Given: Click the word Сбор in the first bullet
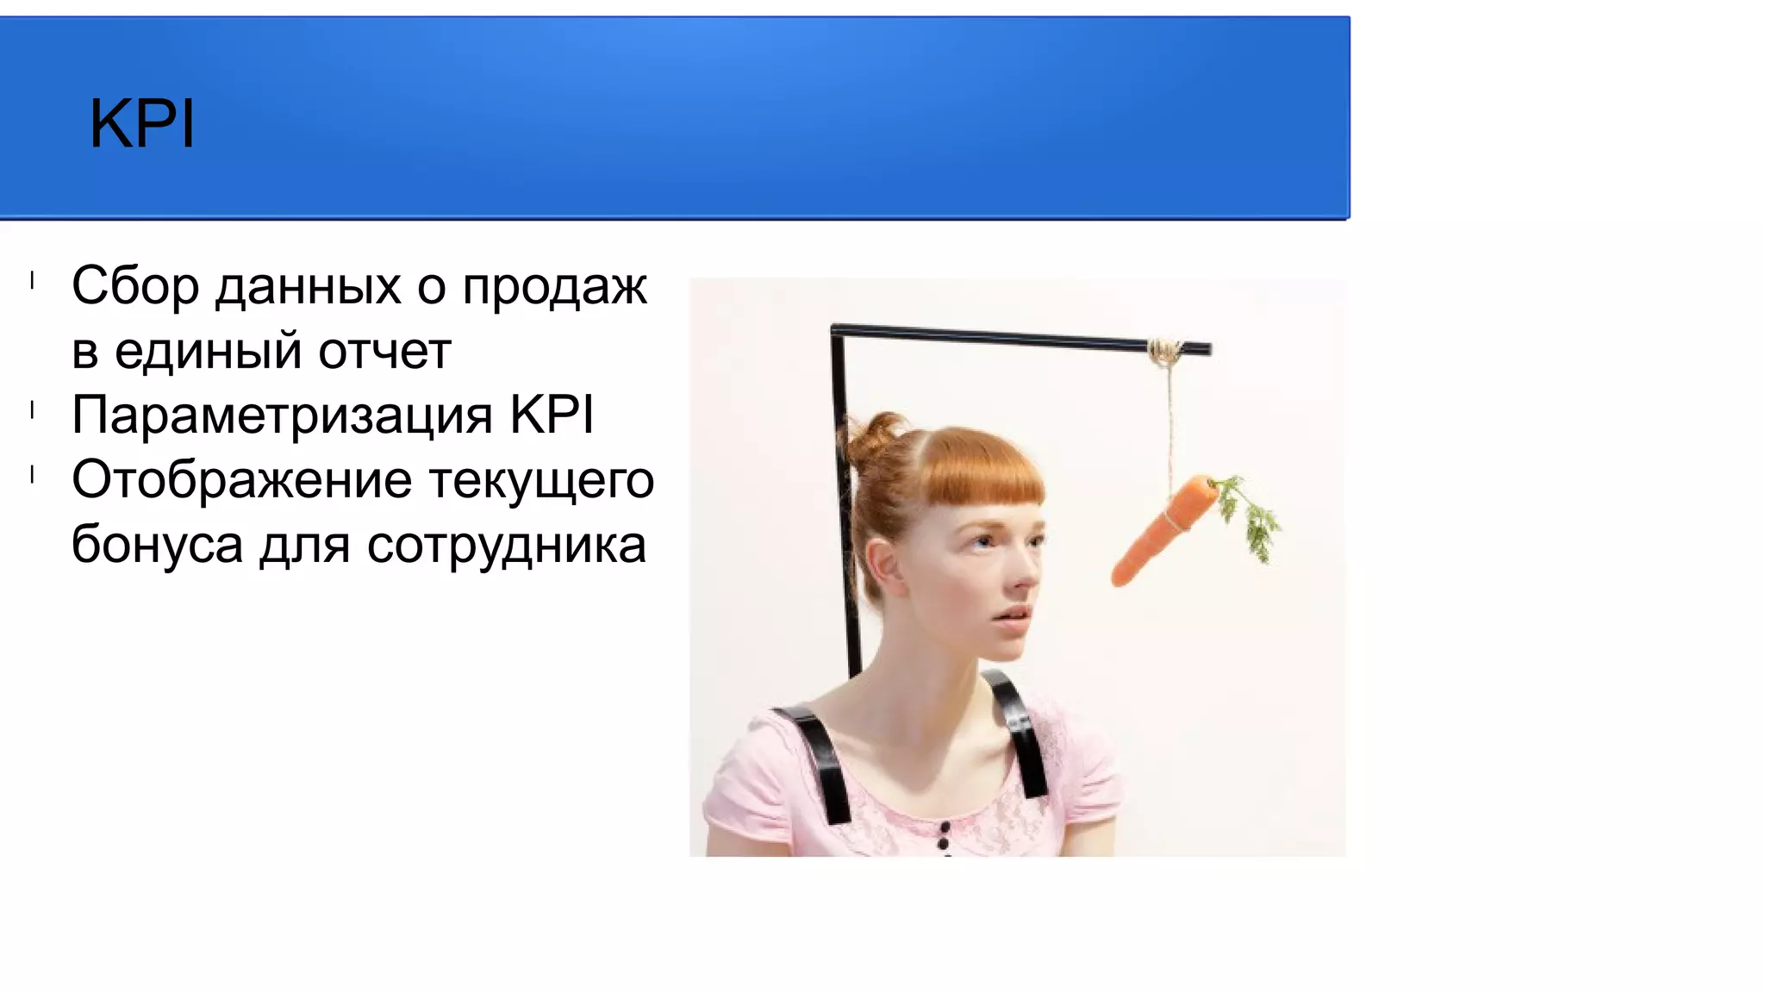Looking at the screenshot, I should tap(135, 286).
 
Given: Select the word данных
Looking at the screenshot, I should tap(308, 286).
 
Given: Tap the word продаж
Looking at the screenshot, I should tap(554, 286).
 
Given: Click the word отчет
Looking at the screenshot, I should tap(384, 352).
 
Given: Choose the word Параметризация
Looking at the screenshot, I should tap(282, 415).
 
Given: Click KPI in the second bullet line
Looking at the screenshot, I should tap(552, 415).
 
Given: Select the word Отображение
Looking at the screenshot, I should tap(241, 480).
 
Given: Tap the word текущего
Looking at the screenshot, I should tap(541, 480).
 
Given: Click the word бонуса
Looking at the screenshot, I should tap(157, 545).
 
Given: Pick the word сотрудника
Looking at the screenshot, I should tap(506, 545).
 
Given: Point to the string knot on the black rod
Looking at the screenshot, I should tap(1165, 350).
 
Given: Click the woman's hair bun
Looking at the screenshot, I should tap(872, 436).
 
